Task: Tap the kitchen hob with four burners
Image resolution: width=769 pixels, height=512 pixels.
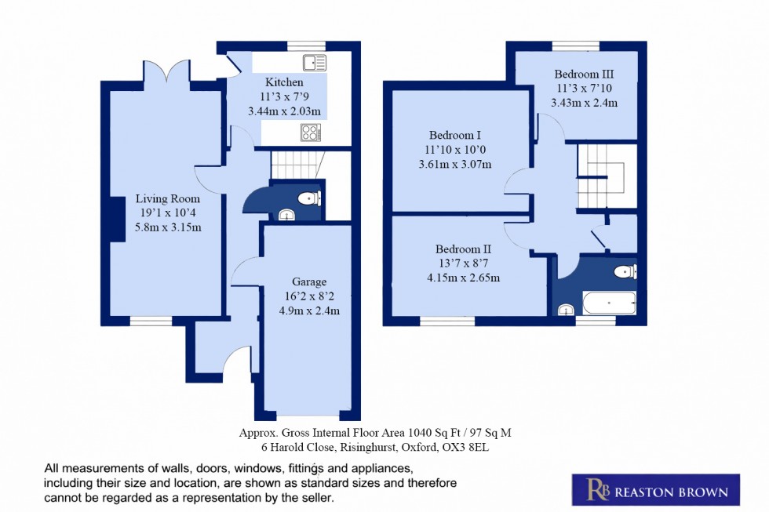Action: [311, 133]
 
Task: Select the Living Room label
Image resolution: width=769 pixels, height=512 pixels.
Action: [168, 198]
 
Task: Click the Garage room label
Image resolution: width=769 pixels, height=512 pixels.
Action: [309, 281]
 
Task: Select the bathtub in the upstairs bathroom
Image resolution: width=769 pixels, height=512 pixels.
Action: [609, 303]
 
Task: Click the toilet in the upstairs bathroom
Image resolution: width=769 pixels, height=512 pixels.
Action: [625, 272]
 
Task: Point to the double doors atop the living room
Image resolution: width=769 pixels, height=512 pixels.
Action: [166, 73]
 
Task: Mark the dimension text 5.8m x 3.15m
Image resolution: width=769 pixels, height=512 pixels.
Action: [168, 227]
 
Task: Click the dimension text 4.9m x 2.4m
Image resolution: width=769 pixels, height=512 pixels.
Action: [309, 310]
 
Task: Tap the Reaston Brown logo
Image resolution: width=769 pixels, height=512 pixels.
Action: [654, 490]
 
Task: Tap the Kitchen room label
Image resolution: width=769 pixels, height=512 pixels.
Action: [284, 82]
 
